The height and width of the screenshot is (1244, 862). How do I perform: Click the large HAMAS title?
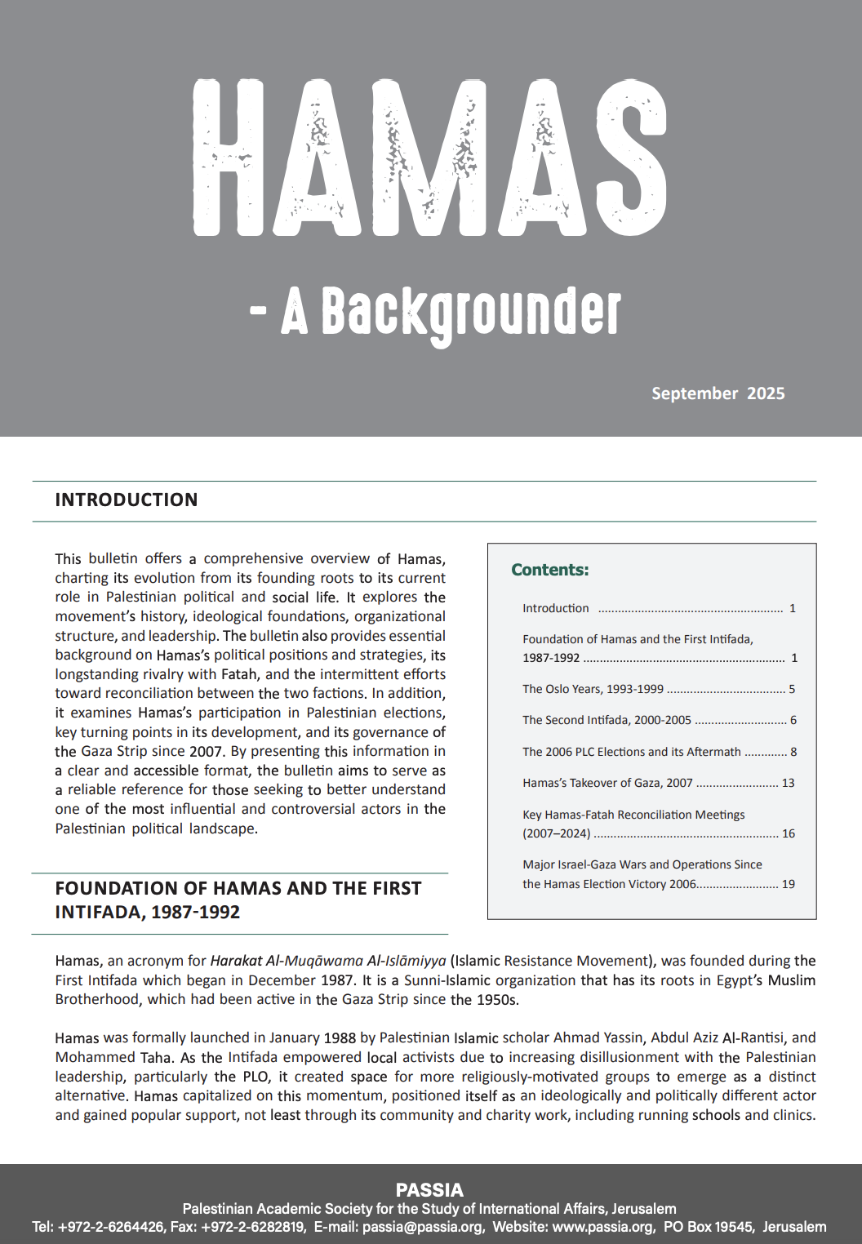tap(429, 157)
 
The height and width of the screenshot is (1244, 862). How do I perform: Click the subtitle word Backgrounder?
tap(471, 313)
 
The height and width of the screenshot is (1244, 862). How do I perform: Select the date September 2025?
tap(718, 393)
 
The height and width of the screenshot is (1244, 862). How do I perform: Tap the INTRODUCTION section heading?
tap(127, 500)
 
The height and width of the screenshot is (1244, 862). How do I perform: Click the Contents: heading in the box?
tap(549, 570)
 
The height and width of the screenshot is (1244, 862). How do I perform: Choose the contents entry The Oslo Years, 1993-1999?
tap(593, 689)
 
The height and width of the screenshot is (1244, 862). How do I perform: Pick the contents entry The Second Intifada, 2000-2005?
tap(607, 720)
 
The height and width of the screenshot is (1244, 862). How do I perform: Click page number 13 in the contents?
tap(788, 783)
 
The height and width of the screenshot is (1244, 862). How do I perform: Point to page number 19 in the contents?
tap(788, 884)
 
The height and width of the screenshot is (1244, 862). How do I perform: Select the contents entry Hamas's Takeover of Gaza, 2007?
tap(607, 783)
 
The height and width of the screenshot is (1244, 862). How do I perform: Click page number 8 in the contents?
tap(793, 752)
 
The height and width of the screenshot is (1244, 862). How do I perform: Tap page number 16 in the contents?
tap(788, 833)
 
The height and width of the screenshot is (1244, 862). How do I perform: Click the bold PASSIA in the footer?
tap(429, 1189)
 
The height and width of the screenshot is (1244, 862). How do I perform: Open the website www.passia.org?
tap(602, 1227)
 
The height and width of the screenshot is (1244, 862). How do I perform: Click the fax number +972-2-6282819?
tap(253, 1227)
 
